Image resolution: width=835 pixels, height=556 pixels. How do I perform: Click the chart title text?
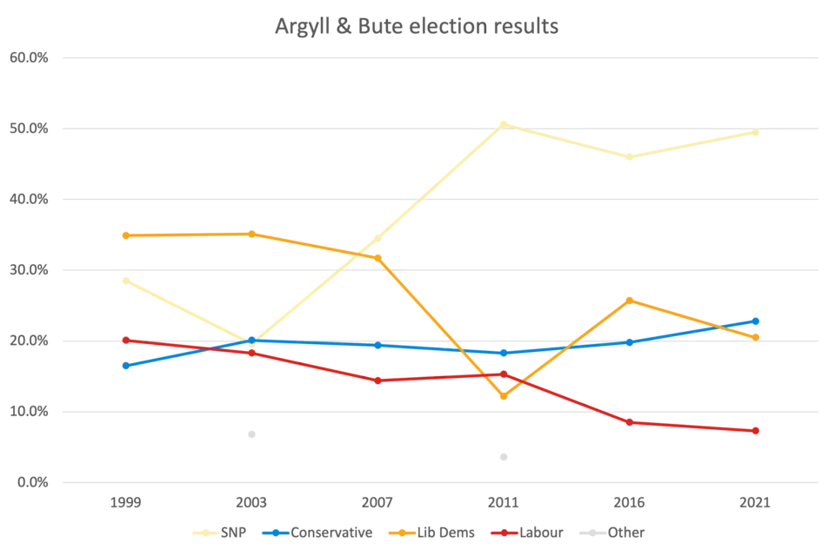point(417,27)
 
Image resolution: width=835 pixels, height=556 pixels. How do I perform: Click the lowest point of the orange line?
point(503,397)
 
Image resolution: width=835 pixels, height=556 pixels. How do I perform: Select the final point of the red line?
point(757,431)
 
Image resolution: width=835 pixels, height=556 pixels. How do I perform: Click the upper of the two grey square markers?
point(250,434)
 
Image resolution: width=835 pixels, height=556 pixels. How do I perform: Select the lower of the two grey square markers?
point(501,458)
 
